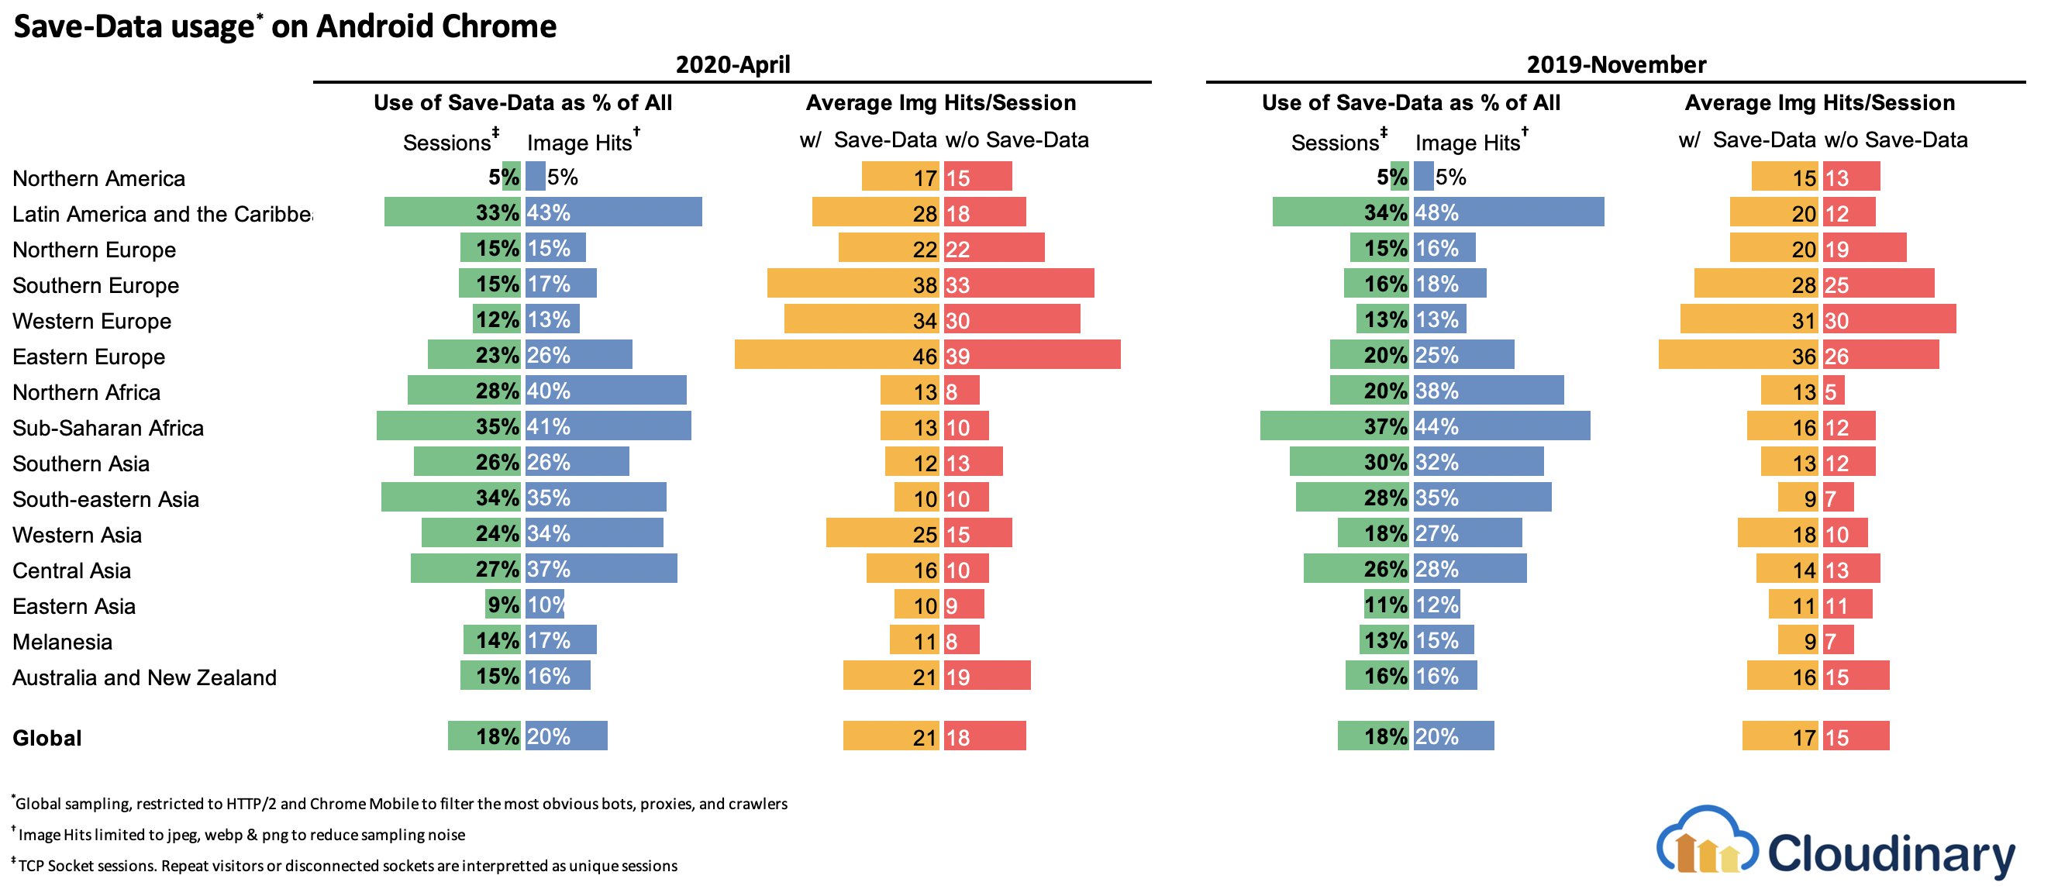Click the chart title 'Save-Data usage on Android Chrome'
pyautogui.click(x=285, y=26)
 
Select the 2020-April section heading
pyautogui.click(x=732, y=64)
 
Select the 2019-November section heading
pyautogui.click(x=1615, y=64)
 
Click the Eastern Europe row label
pyautogui.click(x=89, y=356)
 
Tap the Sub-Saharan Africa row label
pyautogui.click(x=109, y=428)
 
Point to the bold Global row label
pyautogui.click(x=47, y=738)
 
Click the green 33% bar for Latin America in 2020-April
pyautogui.click(x=451, y=212)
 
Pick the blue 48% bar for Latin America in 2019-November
pyautogui.click(x=1508, y=212)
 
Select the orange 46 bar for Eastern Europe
pyautogui.click(x=836, y=354)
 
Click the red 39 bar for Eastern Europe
pyautogui.click(x=1032, y=354)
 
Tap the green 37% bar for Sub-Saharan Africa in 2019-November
pyautogui.click(x=1334, y=426)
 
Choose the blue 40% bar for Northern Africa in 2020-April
pyautogui.click(x=605, y=391)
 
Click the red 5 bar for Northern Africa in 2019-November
pyautogui.click(x=1833, y=391)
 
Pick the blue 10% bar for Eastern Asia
pyautogui.click(x=545, y=604)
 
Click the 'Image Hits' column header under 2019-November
pyautogui.click(x=1469, y=143)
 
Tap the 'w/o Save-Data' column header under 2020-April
pyautogui.click(x=1017, y=140)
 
